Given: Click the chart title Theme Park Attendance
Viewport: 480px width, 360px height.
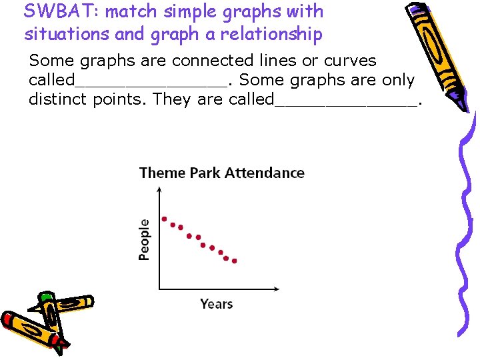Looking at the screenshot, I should (221, 173).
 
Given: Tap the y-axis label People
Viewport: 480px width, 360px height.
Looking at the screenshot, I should (144, 239).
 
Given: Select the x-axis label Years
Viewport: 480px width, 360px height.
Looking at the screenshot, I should (217, 304).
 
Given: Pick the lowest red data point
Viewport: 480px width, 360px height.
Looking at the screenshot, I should (235, 261).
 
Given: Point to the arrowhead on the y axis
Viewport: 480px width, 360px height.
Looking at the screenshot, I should (159, 189).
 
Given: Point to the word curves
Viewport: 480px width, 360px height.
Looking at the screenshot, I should (351, 61).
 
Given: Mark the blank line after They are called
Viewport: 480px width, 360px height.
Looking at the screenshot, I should (347, 104).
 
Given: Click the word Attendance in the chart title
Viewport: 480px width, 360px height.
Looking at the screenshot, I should (264, 173).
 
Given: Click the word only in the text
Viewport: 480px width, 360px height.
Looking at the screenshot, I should (399, 81).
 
